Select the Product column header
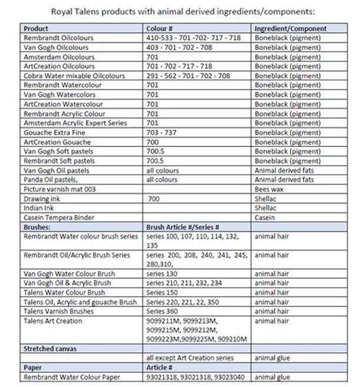click(36, 28)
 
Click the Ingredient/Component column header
click(290, 28)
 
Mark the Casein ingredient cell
click(265, 218)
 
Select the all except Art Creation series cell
click(189, 358)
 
